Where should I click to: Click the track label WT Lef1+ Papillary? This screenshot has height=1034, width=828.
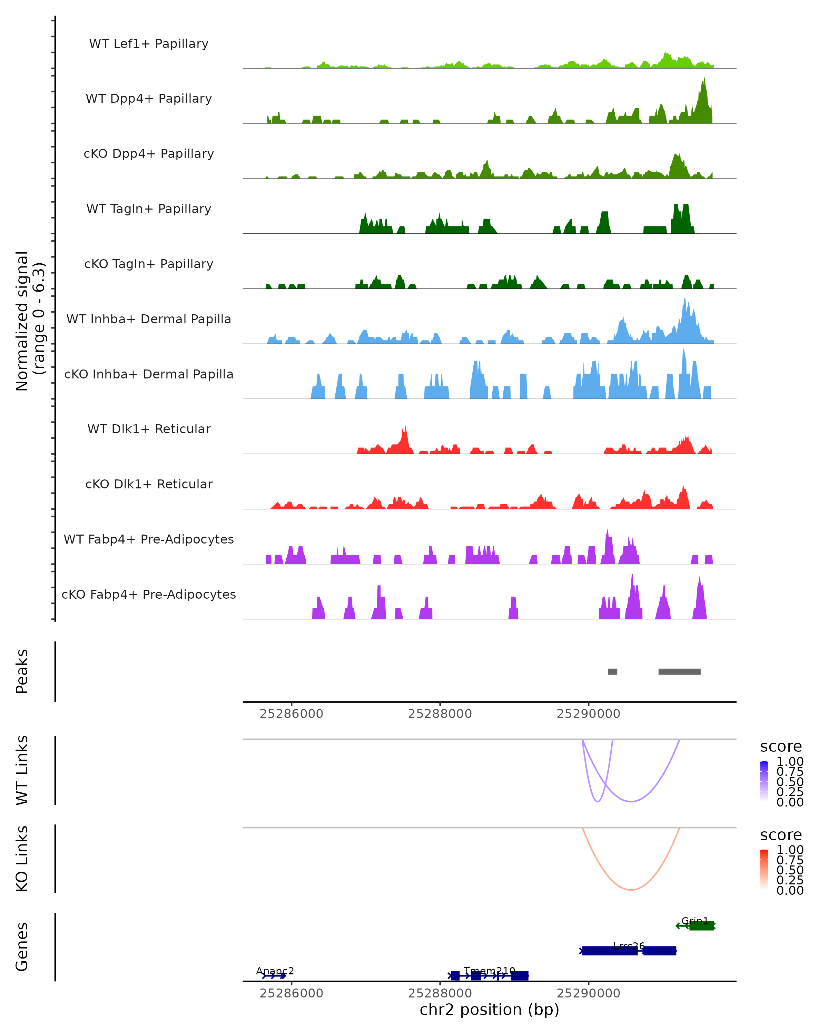(149, 44)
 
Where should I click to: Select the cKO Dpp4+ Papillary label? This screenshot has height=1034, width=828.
(149, 153)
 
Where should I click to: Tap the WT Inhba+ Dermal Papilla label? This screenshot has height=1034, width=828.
(149, 319)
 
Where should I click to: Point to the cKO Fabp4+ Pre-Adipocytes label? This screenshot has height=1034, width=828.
(149, 594)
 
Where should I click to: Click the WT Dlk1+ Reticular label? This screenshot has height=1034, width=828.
(149, 429)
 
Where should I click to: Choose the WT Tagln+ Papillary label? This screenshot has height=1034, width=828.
(149, 209)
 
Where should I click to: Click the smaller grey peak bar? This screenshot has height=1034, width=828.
(612, 671)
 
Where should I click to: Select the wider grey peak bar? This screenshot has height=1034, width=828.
(679, 671)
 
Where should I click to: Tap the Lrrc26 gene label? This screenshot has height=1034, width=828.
(629, 946)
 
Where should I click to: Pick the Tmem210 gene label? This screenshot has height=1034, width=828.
(489, 971)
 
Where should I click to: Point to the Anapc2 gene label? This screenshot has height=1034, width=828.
(275, 971)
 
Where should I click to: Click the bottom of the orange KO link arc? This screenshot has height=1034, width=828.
(631, 890)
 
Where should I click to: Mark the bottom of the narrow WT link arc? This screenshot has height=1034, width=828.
(598, 801)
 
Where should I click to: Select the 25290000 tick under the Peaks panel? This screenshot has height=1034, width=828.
(589, 714)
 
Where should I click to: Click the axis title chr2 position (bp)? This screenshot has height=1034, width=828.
(489, 1010)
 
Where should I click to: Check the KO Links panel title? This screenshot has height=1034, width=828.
(22, 859)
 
